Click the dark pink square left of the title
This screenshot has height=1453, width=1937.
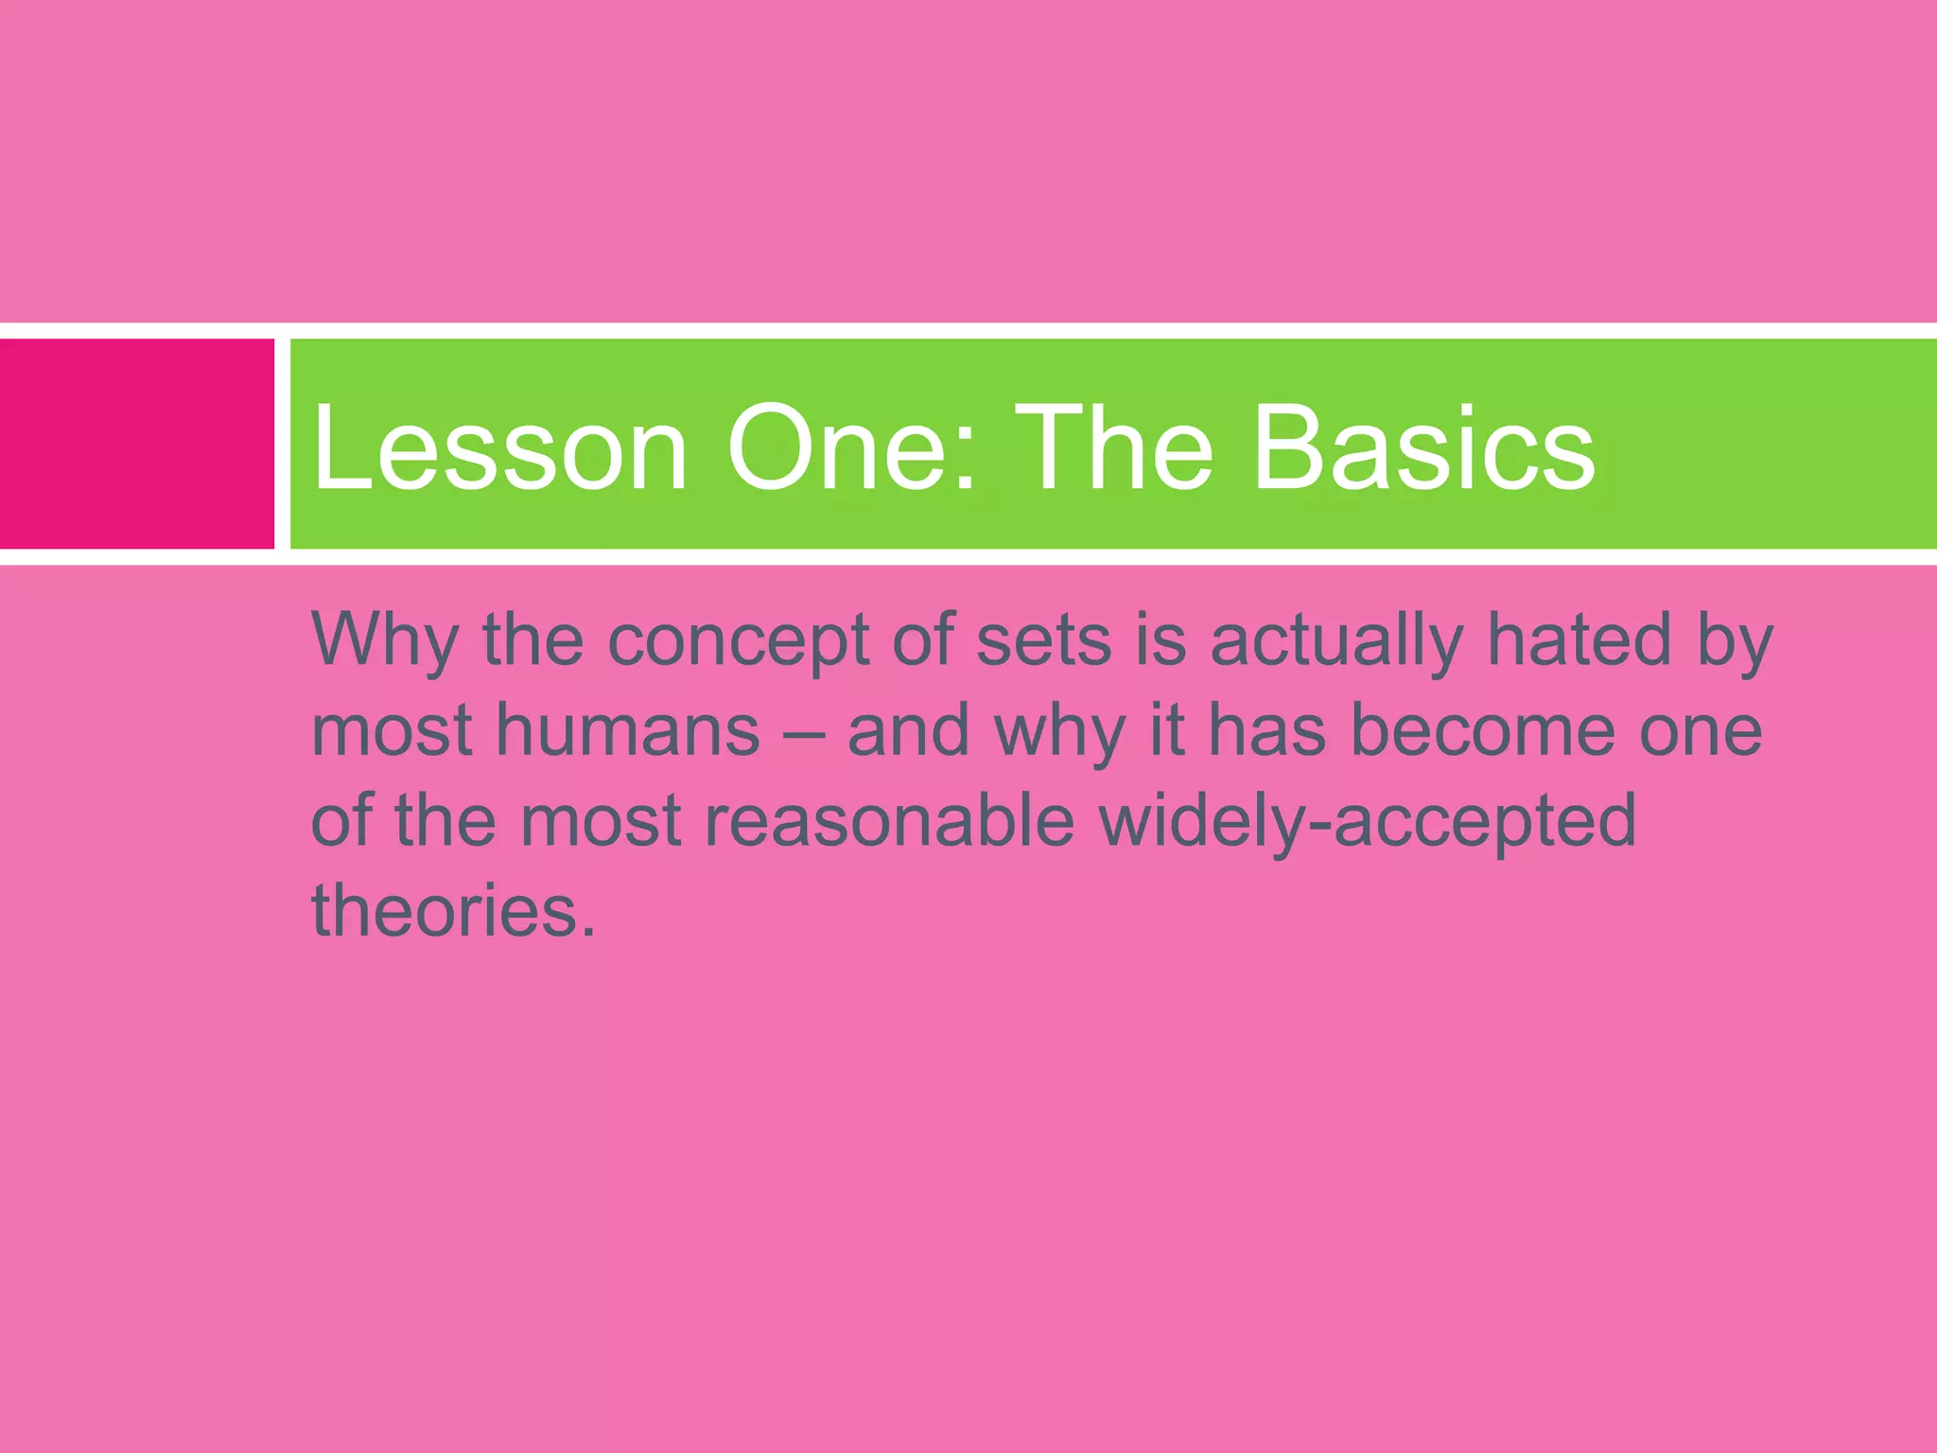[x=136, y=444]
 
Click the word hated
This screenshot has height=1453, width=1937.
[x=1579, y=639]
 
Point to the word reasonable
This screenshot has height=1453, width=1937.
[x=889, y=820]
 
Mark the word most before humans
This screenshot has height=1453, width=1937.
[x=392, y=731]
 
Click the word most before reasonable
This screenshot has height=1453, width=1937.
[x=601, y=820]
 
